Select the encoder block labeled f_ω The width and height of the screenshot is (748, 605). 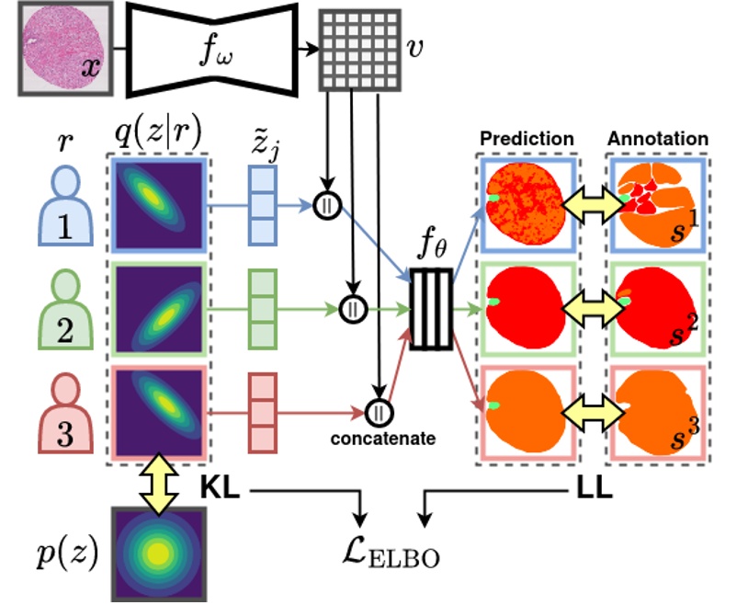click(212, 49)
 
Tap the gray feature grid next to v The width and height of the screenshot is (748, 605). click(359, 51)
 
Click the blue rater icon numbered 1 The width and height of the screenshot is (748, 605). click(65, 208)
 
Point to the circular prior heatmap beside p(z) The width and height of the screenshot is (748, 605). click(158, 552)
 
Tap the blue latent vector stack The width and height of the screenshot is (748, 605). click(263, 205)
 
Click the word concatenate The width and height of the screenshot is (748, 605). click(382, 439)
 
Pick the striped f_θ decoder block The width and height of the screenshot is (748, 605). click(431, 309)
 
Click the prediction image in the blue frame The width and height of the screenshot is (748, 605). click(527, 206)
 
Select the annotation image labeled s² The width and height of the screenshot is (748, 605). click(654, 312)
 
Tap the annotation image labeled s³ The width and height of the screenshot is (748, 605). click(654, 413)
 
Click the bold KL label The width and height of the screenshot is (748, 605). click(220, 491)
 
